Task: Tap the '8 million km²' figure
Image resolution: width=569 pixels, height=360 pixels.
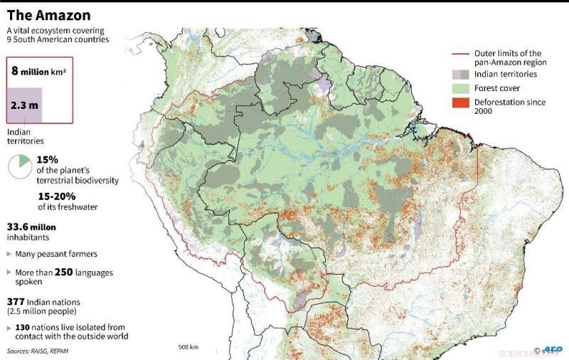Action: (38, 71)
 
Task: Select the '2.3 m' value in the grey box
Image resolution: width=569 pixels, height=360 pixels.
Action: (24, 105)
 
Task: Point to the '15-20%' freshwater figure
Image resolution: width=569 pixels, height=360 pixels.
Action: (56, 195)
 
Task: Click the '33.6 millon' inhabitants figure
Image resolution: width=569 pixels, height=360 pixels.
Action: (31, 227)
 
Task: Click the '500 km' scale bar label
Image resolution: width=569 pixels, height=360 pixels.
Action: (188, 347)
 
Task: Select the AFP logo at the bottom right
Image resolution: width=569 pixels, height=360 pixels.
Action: (552, 349)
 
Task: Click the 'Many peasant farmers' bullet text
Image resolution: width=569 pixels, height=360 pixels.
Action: (55, 253)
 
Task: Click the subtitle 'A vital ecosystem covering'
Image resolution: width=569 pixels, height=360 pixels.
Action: (55, 31)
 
